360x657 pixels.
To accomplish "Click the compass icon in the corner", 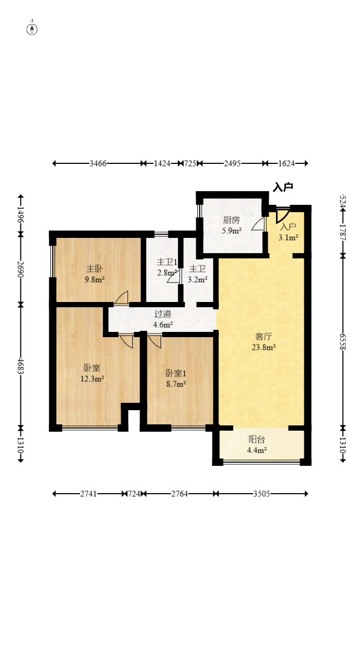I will (32, 29).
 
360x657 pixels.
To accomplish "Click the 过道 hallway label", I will (163, 314).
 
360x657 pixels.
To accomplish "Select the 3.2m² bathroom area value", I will (197, 279).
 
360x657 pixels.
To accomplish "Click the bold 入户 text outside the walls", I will (283, 187).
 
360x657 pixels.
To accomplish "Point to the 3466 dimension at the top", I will (98, 163).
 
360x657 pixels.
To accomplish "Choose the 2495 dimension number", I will (232, 163).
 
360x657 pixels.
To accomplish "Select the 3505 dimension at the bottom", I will (262, 494).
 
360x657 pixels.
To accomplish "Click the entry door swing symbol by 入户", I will (282, 215).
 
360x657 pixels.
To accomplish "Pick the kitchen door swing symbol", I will (258, 225).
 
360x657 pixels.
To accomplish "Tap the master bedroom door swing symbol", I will (122, 298).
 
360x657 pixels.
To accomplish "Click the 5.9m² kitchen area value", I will (231, 230).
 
